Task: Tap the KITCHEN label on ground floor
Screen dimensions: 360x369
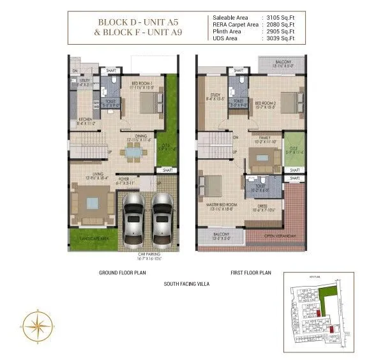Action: tap(86, 120)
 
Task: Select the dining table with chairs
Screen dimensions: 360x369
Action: tap(134, 152)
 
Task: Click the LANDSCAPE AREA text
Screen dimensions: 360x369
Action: tap(94, 239)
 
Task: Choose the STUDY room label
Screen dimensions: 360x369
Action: tap(213, 97)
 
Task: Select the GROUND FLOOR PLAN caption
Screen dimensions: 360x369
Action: tap(122, 273)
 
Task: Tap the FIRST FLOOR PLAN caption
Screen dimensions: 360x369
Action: tap(252, 273)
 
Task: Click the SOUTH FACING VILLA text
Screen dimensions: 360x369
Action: tap(186, 283)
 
